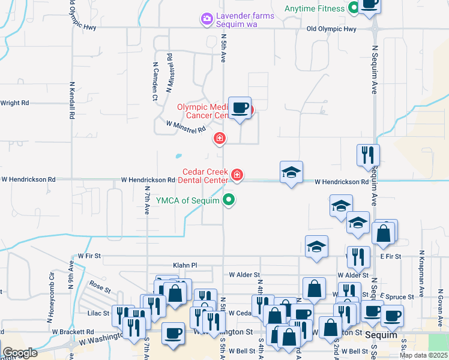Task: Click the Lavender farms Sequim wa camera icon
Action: coord(207,19)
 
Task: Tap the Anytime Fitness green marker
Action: coord(354,8)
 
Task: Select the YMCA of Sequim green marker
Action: coord(229,200)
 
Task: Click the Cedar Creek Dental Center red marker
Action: coord(238,175)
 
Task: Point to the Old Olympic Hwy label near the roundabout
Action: coord(331,29)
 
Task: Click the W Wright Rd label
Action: coord(14,103)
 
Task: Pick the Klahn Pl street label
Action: coord(185,265)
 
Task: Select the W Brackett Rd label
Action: coord(73,331)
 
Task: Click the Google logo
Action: coord(20,353)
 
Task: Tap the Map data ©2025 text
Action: coord(423,355)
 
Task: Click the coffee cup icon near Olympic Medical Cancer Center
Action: coord(240,108)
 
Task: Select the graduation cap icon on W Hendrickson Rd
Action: coord(292,172)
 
